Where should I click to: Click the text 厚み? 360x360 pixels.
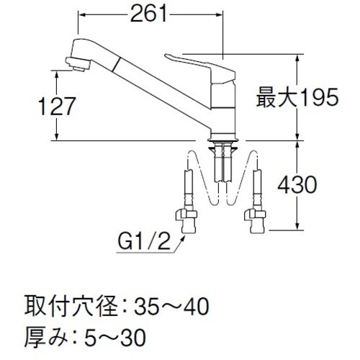click(x=45, y=335)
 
